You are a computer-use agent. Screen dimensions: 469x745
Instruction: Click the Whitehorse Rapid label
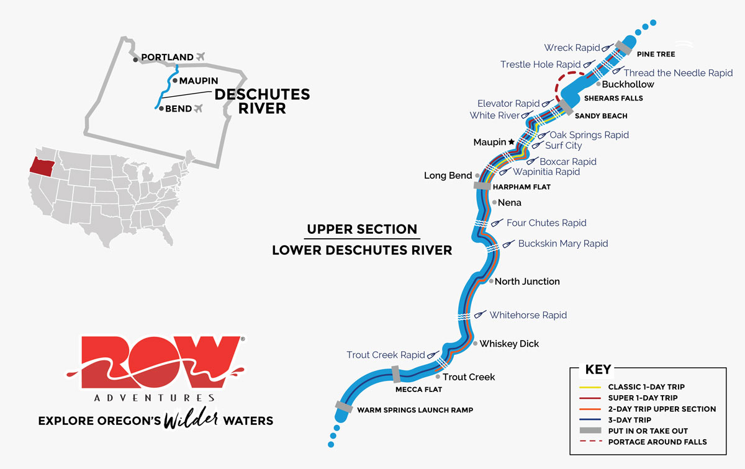528,315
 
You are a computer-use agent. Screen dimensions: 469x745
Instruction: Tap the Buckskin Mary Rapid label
563,244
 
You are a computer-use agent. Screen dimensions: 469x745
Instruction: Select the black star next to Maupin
512,142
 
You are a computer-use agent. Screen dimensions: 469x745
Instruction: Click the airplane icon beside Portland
200,56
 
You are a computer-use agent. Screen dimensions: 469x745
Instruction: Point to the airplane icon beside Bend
199,109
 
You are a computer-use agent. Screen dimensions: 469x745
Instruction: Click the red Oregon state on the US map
42,164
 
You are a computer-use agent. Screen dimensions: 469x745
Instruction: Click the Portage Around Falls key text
657,442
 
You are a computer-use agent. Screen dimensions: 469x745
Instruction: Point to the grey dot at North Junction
491,281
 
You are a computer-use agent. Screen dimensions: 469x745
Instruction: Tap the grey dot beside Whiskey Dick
476,343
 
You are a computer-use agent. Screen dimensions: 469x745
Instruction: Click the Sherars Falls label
613,98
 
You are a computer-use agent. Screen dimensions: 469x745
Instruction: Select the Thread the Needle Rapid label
678,73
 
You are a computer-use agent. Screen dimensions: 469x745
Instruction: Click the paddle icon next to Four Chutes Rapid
497,223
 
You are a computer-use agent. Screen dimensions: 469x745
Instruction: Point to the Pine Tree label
656,55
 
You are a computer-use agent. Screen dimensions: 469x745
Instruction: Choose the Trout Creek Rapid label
386,355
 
